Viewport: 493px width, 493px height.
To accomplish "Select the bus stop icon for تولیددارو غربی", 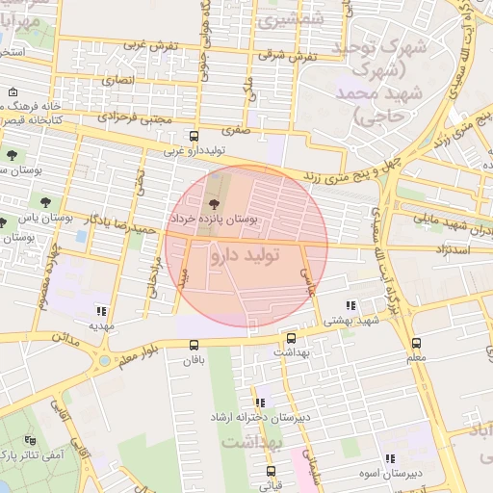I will [x=194, y=136].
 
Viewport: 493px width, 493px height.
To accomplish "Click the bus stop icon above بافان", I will [x=195, y=344].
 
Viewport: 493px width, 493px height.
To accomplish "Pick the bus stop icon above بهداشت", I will [x=292, y=338].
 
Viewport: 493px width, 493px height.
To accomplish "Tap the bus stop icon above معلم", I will [x=416, y=343].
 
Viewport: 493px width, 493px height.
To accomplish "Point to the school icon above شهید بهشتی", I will [x=350, y=305].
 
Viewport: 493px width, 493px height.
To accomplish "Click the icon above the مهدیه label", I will [x=101, y=310].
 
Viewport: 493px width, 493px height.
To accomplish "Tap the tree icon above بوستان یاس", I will [x=45, y=201].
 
